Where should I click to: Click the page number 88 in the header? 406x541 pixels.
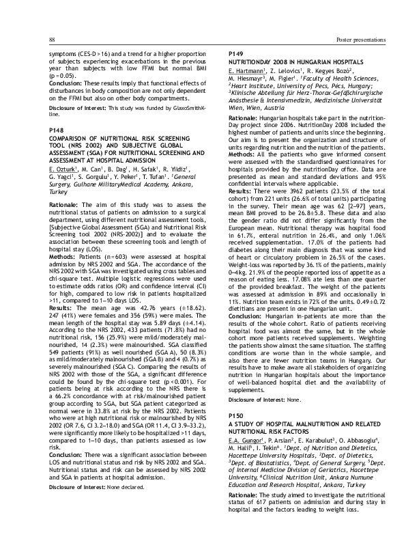coord(53,40)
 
